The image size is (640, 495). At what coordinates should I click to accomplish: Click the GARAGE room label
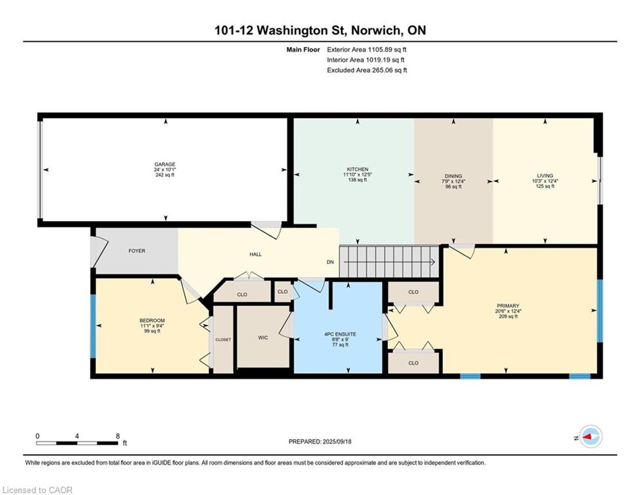point(164,164)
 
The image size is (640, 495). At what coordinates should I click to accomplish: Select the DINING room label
point(453,175)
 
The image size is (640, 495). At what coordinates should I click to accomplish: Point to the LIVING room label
point(545,175)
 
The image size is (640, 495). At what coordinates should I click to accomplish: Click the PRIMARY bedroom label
point(508,306)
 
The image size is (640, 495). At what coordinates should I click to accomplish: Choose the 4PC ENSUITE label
point(340,334)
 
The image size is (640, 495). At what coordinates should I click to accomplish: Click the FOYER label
point(137,251)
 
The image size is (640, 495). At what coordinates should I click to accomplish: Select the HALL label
point(255,254)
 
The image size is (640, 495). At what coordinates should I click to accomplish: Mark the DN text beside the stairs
point(330,262)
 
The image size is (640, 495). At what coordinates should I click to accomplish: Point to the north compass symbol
point(589,437)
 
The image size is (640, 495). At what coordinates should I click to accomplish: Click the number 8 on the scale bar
point(117,436)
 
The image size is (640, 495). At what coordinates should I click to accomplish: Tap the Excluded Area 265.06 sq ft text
point(367,70)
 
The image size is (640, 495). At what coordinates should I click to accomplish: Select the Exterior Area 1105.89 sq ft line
point(367,49)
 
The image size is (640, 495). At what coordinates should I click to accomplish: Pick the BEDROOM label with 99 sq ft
point(152,320)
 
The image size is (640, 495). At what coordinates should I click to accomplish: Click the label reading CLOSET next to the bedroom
point(223,339)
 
